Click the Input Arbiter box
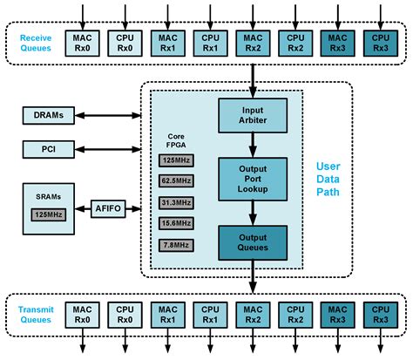252,115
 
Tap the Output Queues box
252,241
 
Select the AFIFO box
110,208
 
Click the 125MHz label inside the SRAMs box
49,214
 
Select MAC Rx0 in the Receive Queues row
83,43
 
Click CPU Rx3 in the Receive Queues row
379,43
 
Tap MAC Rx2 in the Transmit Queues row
252,315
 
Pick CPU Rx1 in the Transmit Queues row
210,315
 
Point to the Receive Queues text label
34,43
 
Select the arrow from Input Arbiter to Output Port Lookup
252,145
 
